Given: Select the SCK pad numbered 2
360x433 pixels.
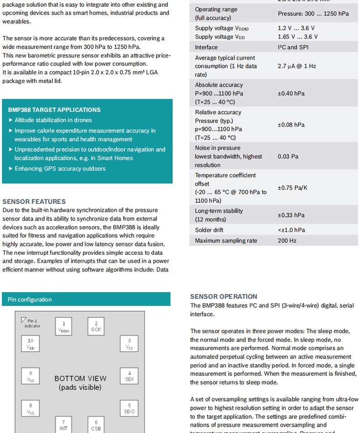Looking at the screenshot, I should (x=96, y=326).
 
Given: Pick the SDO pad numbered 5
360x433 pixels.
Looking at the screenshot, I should (x=129, y=408).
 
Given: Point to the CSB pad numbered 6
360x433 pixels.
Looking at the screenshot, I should (x=96, y=425).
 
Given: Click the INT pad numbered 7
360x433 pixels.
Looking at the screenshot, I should (x=64, y=425).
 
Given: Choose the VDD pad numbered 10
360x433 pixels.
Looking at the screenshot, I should (x=31, y=344).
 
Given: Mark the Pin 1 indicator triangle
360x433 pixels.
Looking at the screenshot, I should (x=24, y=320).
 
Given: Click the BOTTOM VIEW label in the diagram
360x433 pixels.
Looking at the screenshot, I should (x=80, y=378).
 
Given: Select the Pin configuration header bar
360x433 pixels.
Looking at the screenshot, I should (x=86, y=299).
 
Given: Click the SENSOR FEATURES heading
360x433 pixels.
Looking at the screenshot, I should (x=34, y=201).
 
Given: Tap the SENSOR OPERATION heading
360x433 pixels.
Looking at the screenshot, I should (x=224, y=296).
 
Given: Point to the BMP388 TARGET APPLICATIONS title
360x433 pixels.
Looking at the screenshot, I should (x=54, y=110).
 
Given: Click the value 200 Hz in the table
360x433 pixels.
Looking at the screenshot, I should (x=287, y=241).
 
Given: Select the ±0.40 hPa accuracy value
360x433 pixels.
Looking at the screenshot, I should (x=291, y=93).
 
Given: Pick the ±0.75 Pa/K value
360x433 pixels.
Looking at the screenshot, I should (x=293, y=188).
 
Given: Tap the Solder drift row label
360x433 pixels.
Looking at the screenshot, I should (x=209, y=230).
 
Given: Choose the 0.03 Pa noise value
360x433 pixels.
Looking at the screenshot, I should (x=288, y=156).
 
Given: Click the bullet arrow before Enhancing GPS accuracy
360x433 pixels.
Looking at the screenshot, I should (x=11, y=169).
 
